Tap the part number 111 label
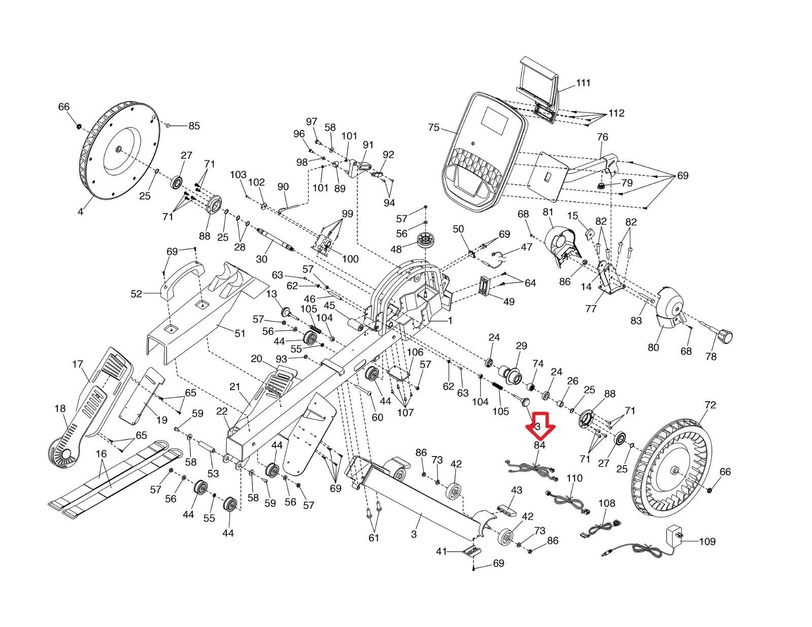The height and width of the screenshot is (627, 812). point(584,83)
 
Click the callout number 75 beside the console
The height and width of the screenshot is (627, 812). point(433,127)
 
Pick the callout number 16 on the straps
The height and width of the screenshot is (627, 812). point(101,454)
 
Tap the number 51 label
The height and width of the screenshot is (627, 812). point(240,333)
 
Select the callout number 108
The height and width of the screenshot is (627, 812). point(606,503)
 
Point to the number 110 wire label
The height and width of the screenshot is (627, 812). point(574,478)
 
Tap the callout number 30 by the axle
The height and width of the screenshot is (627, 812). point(261,259)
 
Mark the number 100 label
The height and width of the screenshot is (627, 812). point(350,259)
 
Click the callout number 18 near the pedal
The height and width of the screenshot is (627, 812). point(60,409)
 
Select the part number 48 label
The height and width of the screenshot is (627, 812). point(396,249)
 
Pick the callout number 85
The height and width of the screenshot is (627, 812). point(194,126)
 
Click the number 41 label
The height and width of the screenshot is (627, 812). point(442,551)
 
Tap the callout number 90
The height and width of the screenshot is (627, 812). point(283,187)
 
